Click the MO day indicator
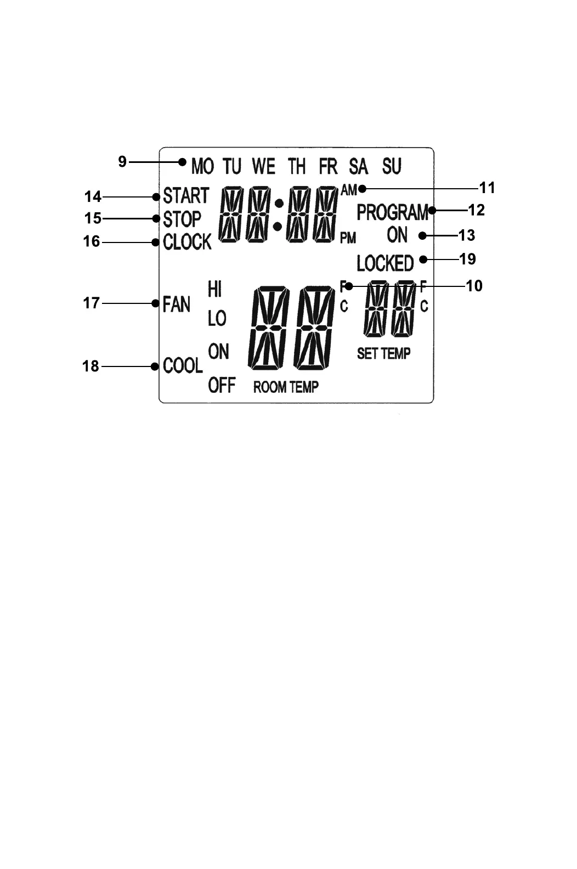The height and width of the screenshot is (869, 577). pyautogui.click(x=202, y=166)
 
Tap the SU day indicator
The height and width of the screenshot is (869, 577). pyautogui.click(x=392, y=166)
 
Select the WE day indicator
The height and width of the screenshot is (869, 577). pyautogui.click(x=263, y=166)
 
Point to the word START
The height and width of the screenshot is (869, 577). pyautogui.click(x=186, y=196)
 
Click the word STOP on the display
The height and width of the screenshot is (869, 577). pyautogui.click(x=182, y=219)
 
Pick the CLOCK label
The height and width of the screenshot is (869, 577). pyautogui.click(x=187, y=242)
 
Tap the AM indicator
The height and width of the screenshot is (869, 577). pyautogui.click(x=349, y=190)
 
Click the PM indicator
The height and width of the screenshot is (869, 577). pyautogui.click(x=348, y=238)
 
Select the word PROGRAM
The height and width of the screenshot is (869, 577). pyautogui.click(x=392, y=212)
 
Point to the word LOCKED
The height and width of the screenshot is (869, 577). pyautogui.click(x=385, y=263)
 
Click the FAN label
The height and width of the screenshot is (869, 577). pyautogui.click(x=176, y=304)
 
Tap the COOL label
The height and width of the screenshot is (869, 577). pyautogui.click(x=183, y=365)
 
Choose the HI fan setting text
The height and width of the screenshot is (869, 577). pyautogui.click(x=214, y=289)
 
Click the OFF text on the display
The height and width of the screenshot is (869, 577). pyautogui.click(x=222, y=385)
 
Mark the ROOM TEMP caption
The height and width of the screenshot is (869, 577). pyautogui.click(x=286, y=387)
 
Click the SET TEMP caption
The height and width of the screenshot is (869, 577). pyautogui.click(x=383, y=354)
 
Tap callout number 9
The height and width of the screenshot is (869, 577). pyautogui.click(x=122, y=161)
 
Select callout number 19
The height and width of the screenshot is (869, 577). pyautogui.click(x=467, y=259)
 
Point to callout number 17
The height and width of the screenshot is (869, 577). pyautogui.click(x=91, y=303)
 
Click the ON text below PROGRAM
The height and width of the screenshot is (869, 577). pyautogui.click(x=397, y=235)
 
